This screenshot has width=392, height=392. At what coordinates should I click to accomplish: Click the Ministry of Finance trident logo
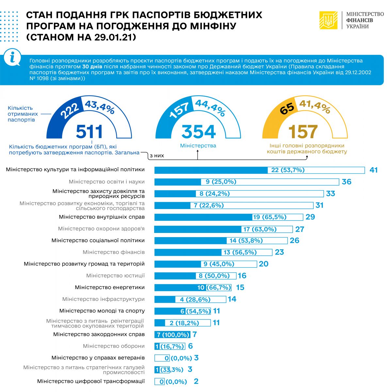(328, 20)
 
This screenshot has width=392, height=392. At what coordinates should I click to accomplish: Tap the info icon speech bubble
(12, 58)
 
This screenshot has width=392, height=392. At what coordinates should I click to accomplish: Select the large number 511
(89, 132)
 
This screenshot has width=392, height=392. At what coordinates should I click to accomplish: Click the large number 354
(199, 132)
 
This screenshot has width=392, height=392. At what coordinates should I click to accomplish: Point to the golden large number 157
(303, 132)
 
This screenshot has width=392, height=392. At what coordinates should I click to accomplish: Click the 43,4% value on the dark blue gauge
(100, 107)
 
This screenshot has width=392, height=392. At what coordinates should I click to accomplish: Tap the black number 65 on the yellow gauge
(287, 108)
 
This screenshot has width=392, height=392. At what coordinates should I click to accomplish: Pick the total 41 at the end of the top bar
(373, 170)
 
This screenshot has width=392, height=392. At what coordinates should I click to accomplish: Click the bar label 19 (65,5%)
(269, 217)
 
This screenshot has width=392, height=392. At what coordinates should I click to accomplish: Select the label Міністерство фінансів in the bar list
(114, 252)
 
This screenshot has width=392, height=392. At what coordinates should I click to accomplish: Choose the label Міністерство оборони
(114, 346)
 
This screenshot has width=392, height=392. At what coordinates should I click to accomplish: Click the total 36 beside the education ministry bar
(346, 182)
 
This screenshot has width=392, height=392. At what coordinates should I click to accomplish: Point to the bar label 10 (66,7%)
(214, 288)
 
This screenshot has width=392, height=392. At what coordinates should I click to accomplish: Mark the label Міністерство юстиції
(115, 276)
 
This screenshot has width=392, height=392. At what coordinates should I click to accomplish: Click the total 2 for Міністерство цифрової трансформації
(196, 381)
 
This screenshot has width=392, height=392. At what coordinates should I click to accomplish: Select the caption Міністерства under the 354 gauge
(198, 146)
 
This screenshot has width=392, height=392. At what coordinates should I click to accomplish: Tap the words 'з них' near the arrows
(157, 156)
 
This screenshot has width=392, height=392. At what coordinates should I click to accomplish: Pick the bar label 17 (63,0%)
(260, 229)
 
